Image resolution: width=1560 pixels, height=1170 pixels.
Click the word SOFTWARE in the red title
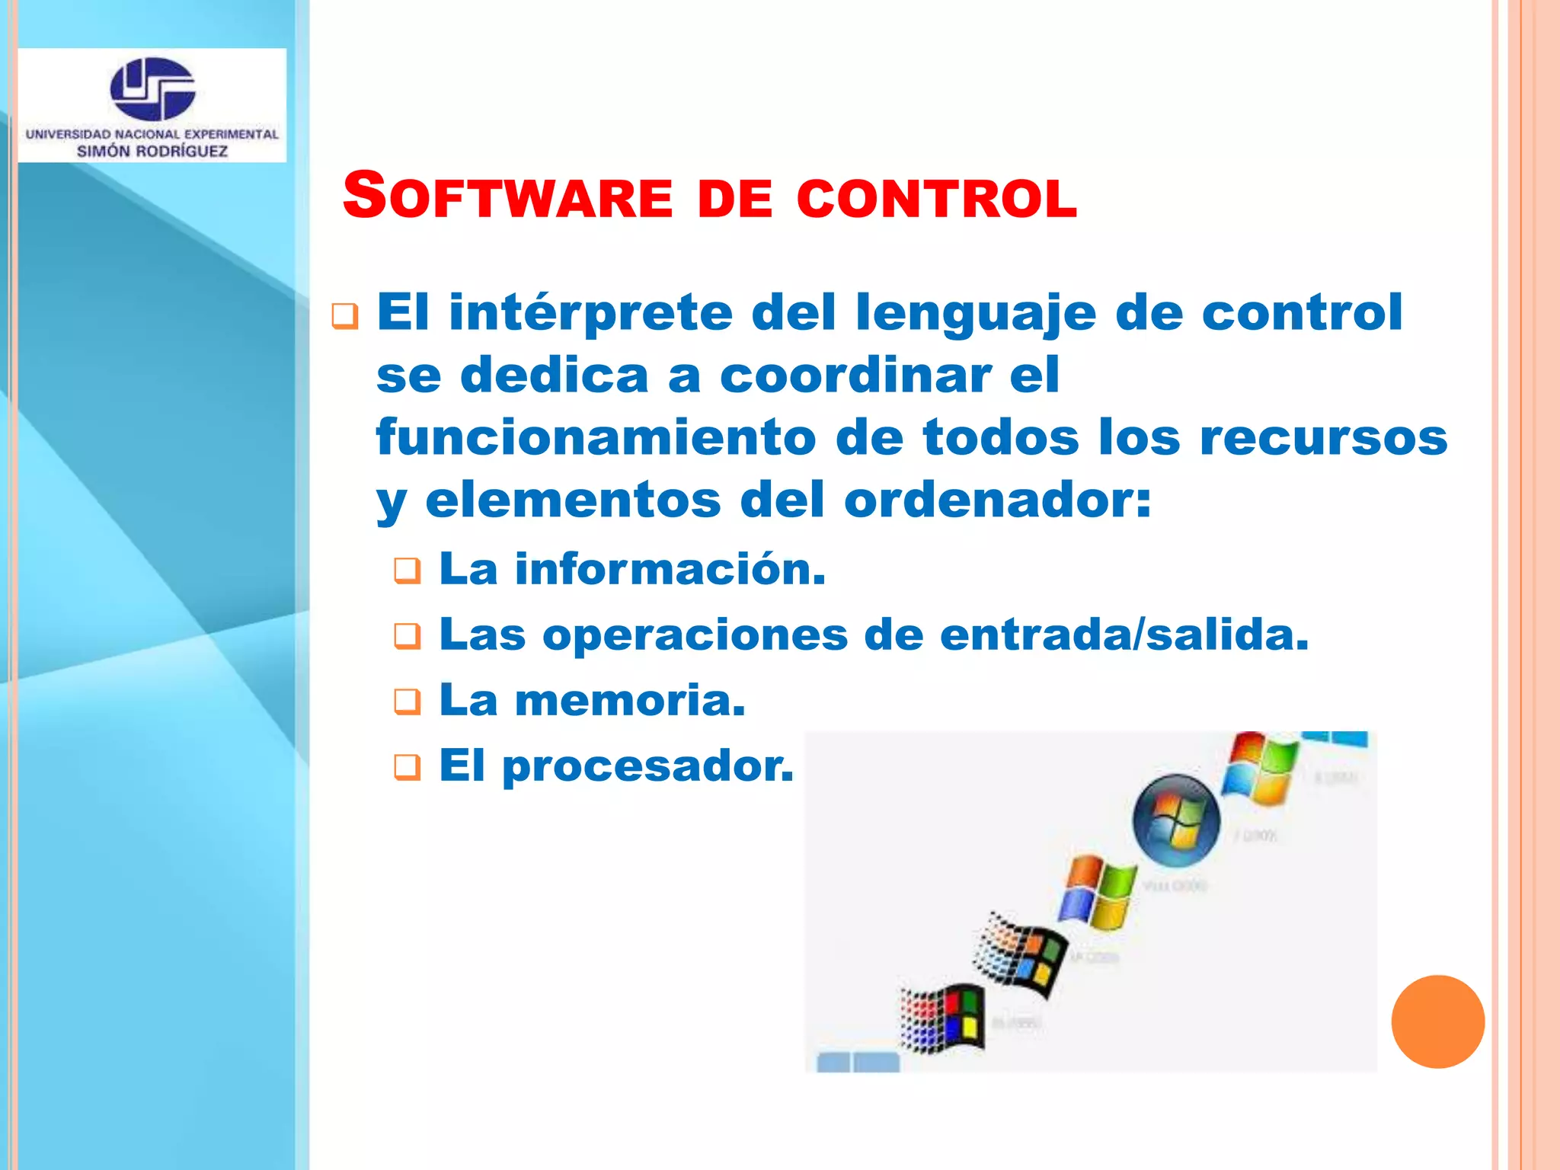coord(507,197)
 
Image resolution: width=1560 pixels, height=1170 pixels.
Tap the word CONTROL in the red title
coord(937,199)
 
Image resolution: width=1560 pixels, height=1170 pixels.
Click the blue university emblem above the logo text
coord(152,88)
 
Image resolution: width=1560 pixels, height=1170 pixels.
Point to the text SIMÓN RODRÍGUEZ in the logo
coord(152,151)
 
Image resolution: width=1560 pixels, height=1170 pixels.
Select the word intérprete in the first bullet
coord(590,313)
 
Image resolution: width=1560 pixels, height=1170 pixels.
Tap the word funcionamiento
coord(596,438)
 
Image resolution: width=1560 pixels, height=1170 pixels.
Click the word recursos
coord(1324,440)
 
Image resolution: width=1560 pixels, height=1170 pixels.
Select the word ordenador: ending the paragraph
coord(998,501)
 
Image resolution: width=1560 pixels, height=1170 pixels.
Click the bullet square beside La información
coord(408,571)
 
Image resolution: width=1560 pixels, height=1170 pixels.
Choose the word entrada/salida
coord(1124,635)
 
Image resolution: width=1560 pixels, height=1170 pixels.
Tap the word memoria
coord(630,700)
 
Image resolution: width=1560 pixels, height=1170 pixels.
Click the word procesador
coord(648,766)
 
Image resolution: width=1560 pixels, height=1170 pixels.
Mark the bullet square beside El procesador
coord(408,767)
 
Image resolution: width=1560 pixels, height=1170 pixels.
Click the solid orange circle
coord(1437,1021)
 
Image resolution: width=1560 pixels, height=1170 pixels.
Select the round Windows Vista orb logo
coord(1176,820)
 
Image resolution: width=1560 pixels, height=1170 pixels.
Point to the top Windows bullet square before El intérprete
coord(345,316)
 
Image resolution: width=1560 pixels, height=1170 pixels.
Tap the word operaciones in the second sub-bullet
coord(695,635)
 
